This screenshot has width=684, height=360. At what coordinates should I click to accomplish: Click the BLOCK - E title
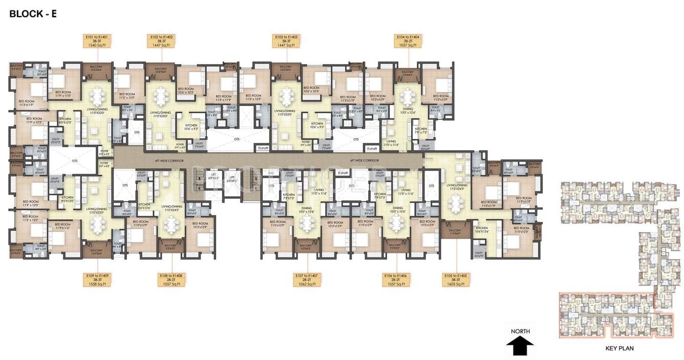33,14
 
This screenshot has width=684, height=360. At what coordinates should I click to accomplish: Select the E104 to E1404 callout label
408,41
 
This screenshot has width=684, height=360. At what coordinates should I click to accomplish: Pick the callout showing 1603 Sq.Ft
456,279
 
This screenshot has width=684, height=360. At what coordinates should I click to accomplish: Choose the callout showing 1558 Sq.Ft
98,279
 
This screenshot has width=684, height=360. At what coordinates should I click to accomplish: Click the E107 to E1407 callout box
307,279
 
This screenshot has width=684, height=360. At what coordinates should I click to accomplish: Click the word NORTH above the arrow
520,331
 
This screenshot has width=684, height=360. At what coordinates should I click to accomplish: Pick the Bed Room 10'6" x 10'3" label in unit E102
186,91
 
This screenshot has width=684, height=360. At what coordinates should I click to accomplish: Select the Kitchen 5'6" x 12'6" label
144,206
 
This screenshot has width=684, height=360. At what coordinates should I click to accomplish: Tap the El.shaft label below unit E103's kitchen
264,149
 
